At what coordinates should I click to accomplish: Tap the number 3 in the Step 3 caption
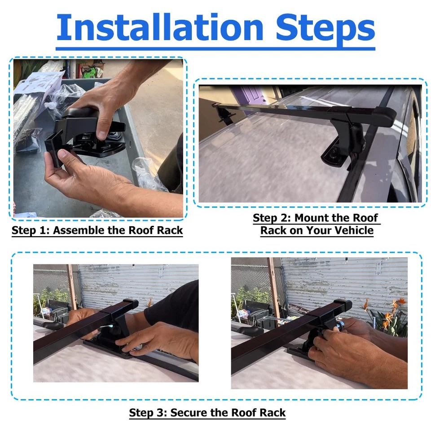point(161,413)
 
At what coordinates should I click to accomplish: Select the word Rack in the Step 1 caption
point(170,230)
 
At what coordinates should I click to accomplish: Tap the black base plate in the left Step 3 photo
point(109,347)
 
